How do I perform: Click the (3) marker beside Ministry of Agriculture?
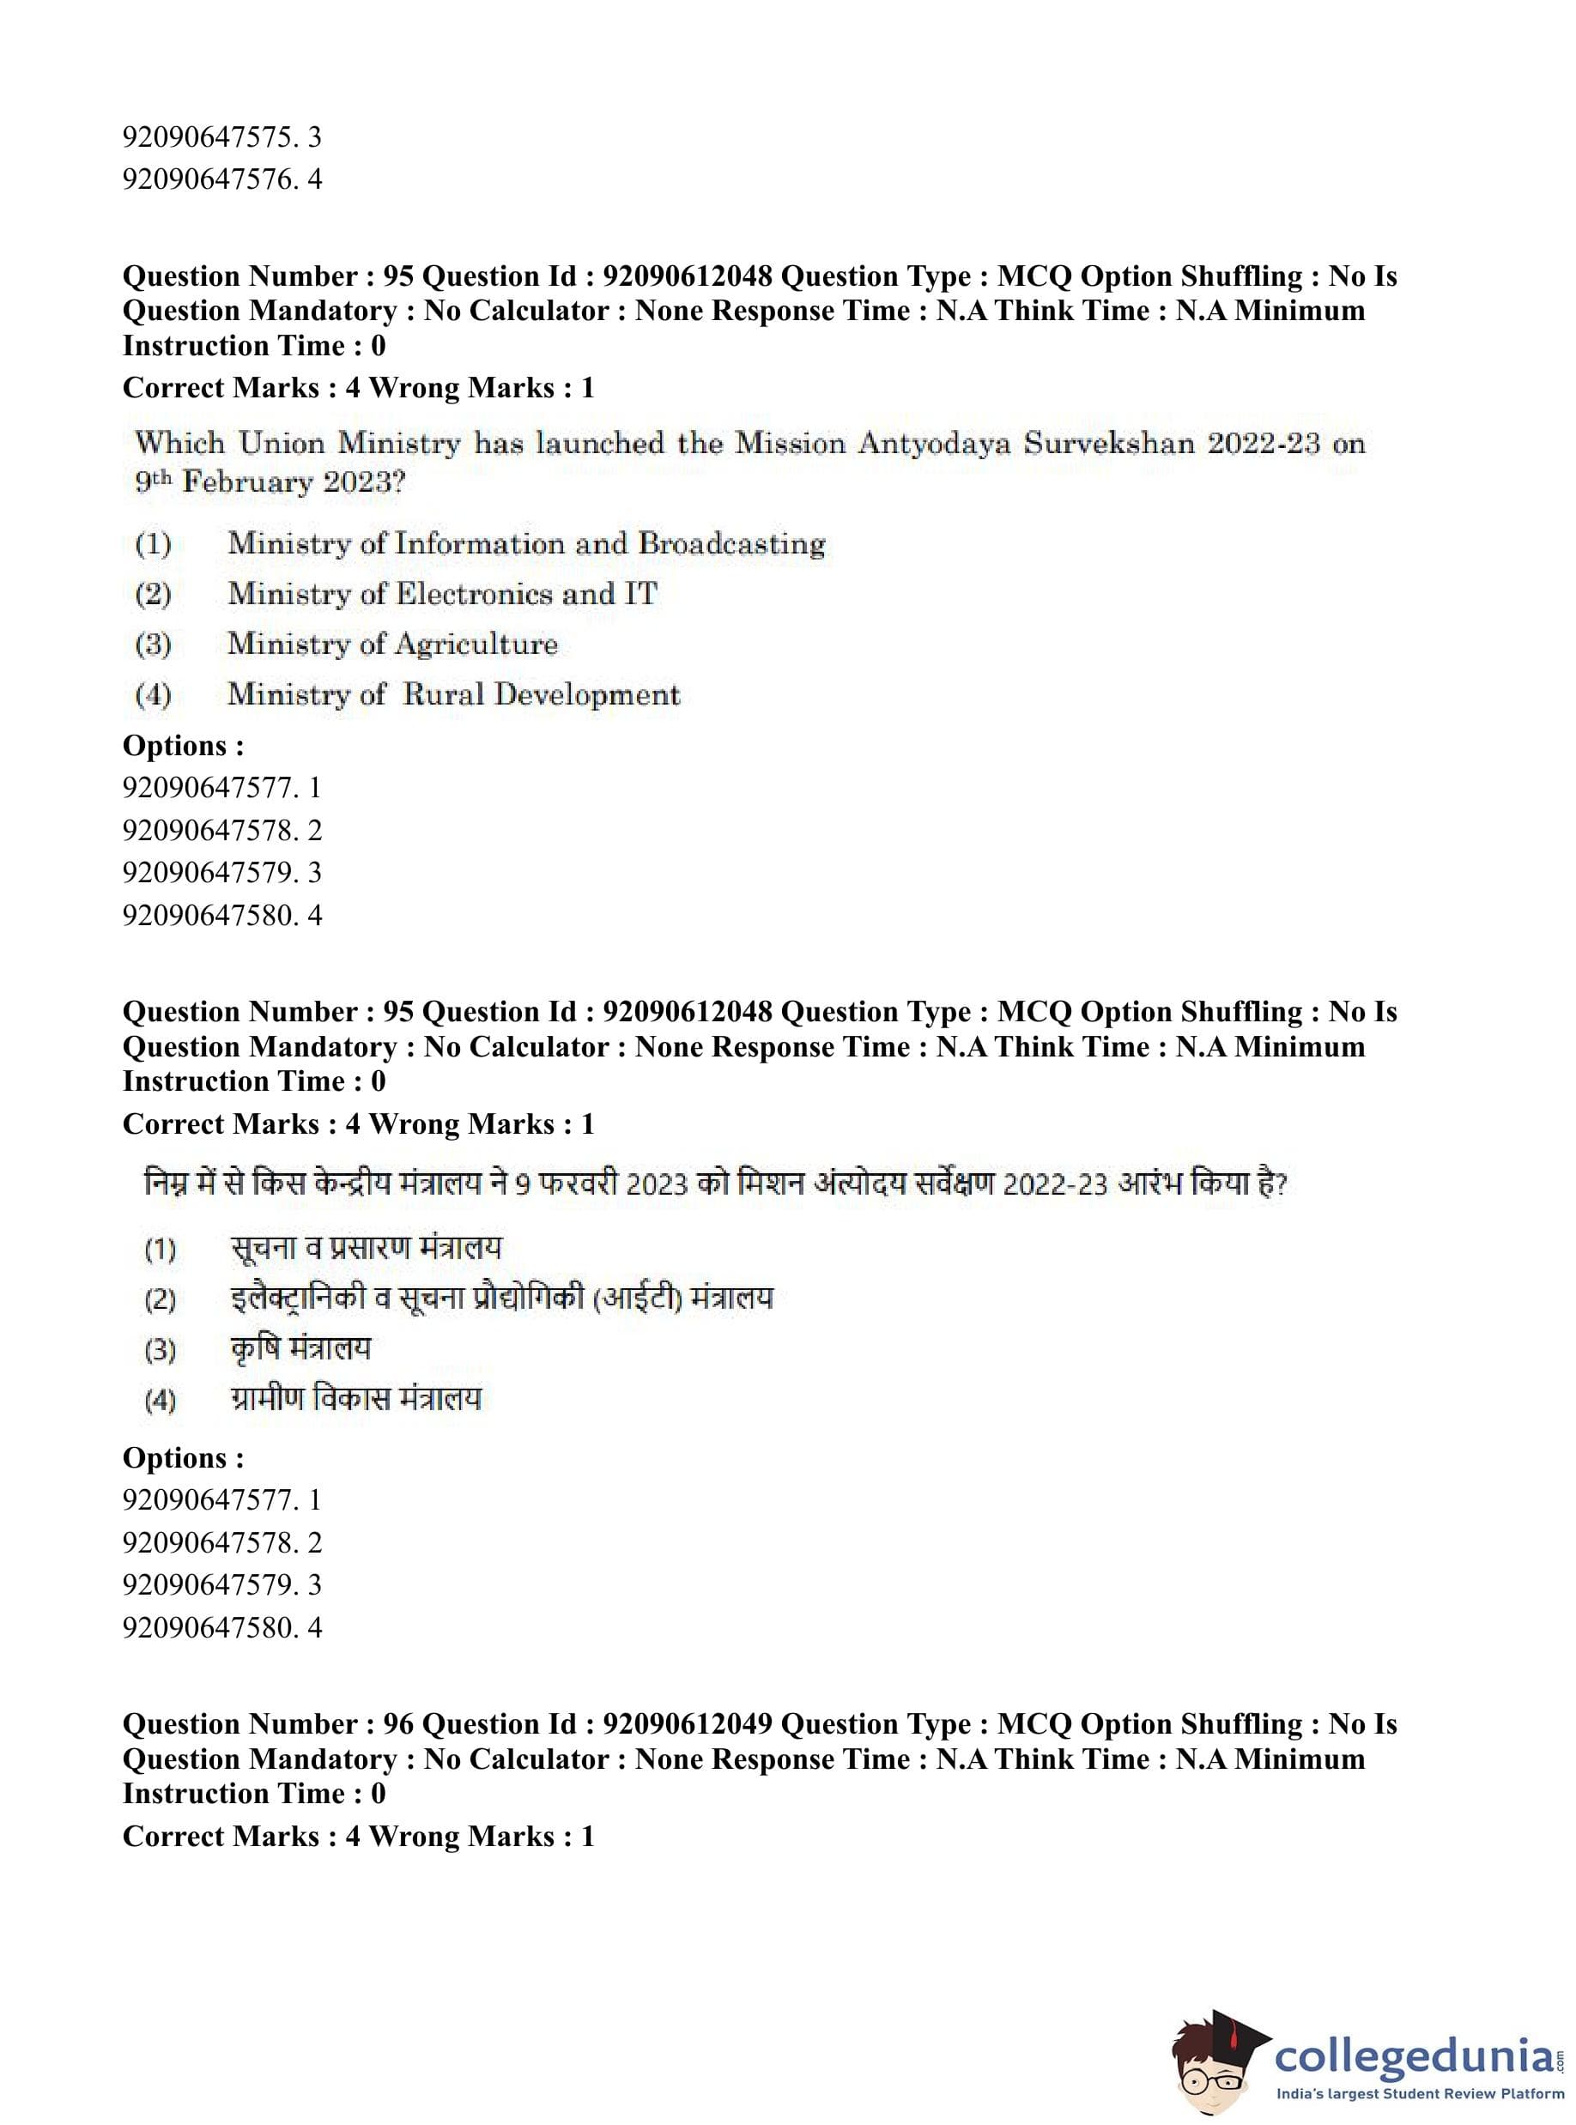click(153, 645)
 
